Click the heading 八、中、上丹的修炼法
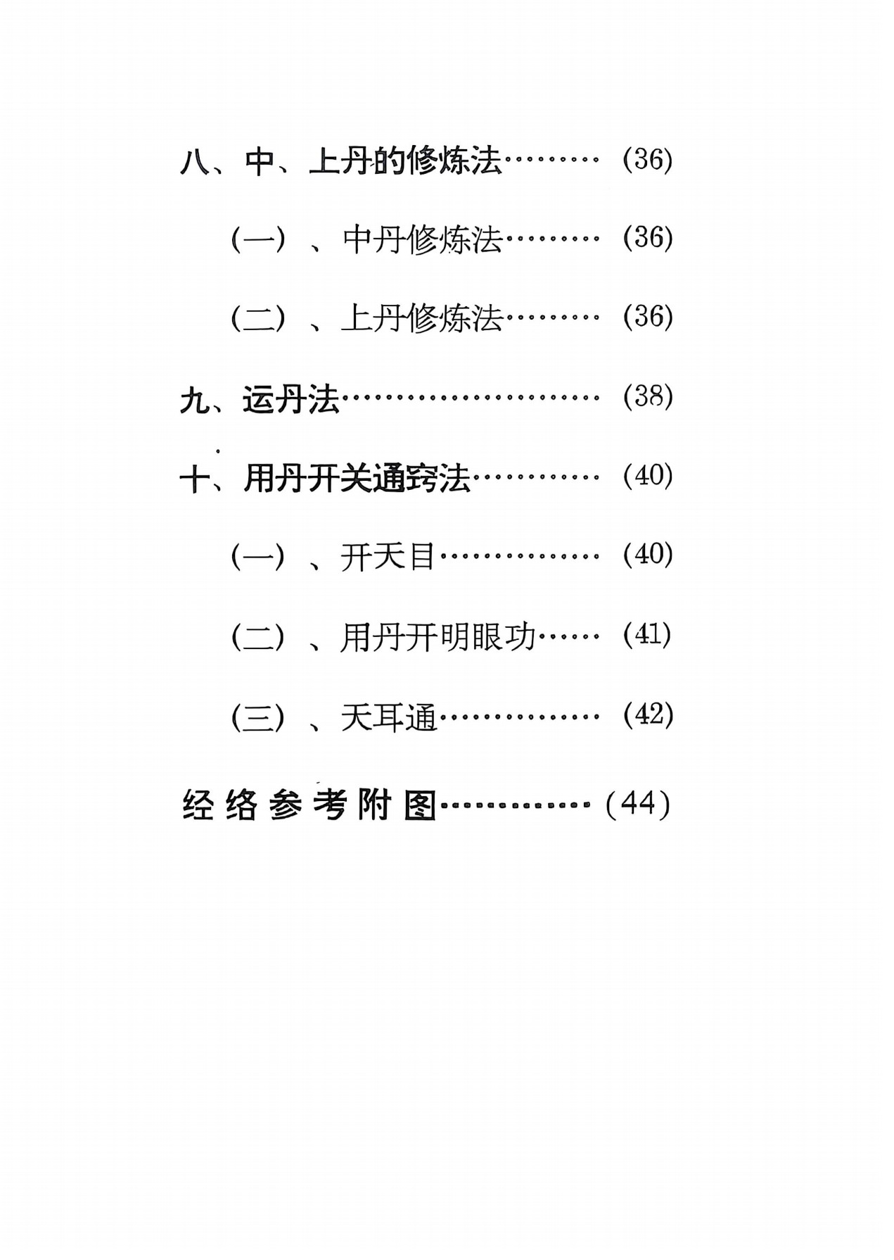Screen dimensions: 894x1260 tap(341, 162)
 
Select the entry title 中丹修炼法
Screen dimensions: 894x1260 tap(422, 240)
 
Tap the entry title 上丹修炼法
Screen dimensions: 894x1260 tap(422, 319)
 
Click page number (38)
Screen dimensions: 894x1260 tap(648, 398)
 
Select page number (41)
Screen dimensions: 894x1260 tap(647, 635)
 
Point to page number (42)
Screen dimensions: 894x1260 tap(648, 715)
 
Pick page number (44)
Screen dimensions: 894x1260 tap(637, 804)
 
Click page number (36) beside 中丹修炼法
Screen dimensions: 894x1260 tap(648, 238)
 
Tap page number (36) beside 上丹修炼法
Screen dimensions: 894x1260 tap(648, 317)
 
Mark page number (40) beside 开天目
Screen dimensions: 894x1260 tap(648, 555)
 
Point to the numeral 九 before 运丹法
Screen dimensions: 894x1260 tap(194, 401)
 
